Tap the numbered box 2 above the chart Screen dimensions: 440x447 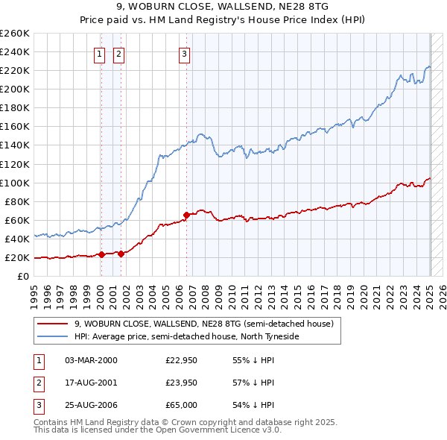119,53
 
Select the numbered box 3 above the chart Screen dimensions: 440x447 184,53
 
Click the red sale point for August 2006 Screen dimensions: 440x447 186,215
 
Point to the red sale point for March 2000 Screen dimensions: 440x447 101,254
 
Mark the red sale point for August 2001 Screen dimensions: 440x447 121,254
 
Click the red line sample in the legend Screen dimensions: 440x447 53,324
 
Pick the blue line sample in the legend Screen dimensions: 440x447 53,336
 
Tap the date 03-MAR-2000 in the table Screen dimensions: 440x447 91,360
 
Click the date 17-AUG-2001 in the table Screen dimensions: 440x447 91,383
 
